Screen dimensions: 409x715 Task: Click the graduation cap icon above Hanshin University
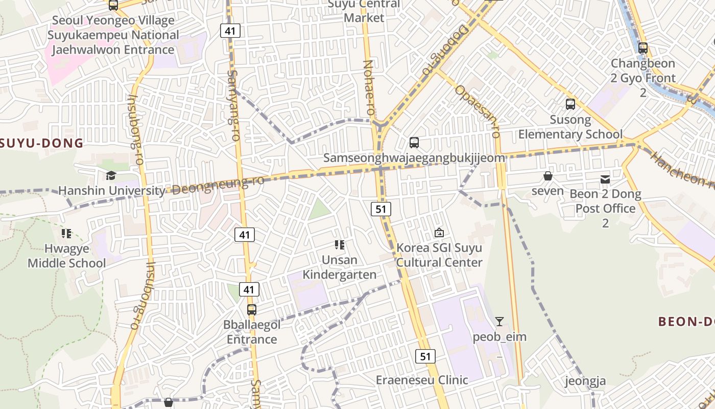[111, 176]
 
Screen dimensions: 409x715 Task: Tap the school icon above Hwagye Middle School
[66, 234]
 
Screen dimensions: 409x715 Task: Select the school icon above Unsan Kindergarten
[340, 245]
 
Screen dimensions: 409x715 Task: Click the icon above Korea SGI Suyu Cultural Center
[439, 233]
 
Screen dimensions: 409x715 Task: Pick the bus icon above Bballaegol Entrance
[252, 309]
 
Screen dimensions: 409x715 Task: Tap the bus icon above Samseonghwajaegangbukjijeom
[414, 143]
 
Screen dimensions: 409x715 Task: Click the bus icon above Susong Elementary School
[570, 104]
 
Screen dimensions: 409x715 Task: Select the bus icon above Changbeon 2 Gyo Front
[643, 48]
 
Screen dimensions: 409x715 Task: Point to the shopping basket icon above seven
[548, 176]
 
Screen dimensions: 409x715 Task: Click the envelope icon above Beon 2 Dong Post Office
[605, 179]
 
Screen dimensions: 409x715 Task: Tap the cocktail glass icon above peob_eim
[499, 322]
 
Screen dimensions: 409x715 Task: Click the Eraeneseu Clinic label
[422, 380]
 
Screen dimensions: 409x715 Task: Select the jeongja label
[585, 381]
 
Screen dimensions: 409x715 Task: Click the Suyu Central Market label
[364, 11]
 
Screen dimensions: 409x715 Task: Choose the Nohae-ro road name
[368, 87]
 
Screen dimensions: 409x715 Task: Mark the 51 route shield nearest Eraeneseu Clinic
[425, 356]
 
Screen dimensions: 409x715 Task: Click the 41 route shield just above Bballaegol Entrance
[248, 289]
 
